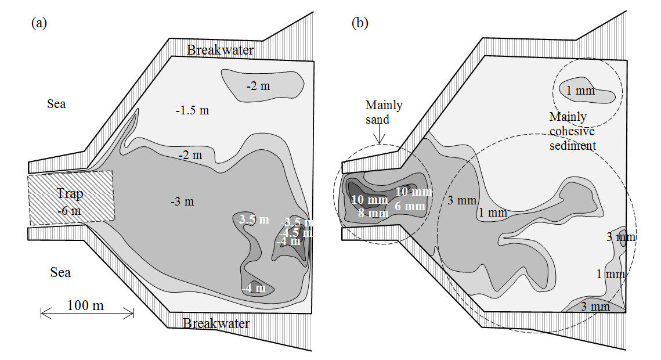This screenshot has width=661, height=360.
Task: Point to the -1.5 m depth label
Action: [x=192, y=110]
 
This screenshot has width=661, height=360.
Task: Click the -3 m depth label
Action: [x=182, y=201]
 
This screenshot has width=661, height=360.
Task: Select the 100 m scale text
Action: [x=85, y=305]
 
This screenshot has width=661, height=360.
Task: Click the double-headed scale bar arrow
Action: [x=87, y=314]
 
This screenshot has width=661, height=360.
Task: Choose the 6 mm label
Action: [x=410, y=206]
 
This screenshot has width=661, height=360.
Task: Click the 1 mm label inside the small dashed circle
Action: [x=581, y=91]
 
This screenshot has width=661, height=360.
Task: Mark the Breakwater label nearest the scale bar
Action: [x=216, y=323]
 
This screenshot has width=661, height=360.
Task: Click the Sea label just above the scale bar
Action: [x=60, y=271]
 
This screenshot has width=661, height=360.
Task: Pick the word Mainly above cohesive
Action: [x=568, y=117]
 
